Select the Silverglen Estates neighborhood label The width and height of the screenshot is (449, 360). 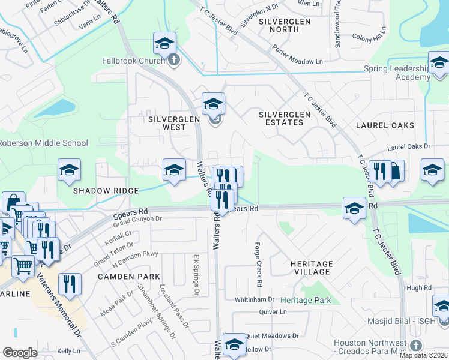click(285, 118)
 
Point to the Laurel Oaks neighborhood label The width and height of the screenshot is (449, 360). click(385, 125)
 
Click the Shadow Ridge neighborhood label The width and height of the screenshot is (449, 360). click(106, 191)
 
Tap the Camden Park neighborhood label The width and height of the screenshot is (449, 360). click(130, 277)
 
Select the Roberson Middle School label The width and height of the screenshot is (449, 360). click(43, 143)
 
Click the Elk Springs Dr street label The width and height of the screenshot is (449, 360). click(196, 275)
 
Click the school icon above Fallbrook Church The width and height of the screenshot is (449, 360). click(164, 43)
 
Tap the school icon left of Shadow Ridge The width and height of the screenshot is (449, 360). click(69, 170)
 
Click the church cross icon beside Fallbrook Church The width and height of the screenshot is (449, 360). click(174, 59)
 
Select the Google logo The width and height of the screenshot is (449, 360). click(20, 353)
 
